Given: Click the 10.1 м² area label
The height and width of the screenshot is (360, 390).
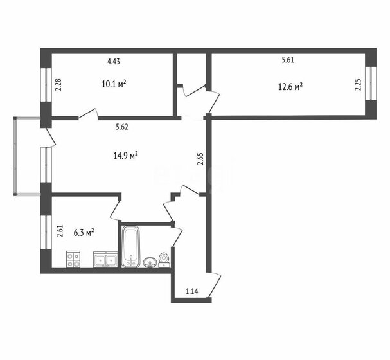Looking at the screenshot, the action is [114, 84].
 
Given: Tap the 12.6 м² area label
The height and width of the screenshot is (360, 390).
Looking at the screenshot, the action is [290, 87].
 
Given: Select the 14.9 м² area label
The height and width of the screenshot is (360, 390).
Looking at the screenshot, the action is [125, 156].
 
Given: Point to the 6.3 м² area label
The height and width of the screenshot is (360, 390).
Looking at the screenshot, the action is [84, 233].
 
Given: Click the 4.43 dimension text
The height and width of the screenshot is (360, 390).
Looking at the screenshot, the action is [114, 62].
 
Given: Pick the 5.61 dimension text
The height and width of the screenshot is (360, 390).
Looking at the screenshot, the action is [288, 60].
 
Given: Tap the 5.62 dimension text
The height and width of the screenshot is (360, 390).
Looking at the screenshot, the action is [122, 127].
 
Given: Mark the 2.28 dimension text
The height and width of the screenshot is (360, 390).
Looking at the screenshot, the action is [58, 85].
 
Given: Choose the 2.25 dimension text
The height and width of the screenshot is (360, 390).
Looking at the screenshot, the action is [358, 85].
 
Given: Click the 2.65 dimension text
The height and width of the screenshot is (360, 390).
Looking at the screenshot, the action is [200, 159].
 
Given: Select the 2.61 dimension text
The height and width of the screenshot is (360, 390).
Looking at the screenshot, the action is [60, 231].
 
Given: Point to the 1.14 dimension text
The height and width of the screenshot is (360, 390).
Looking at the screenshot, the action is [192, 291].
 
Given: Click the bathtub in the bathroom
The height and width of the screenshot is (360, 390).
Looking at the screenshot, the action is [131, 247].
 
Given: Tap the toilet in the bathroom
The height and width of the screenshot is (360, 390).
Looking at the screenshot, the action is [164, 260].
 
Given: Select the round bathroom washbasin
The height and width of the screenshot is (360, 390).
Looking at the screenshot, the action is [150, 262].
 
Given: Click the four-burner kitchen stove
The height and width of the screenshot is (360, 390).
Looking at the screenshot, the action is [73, 260].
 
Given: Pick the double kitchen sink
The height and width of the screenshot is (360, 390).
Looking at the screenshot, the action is [105, 260].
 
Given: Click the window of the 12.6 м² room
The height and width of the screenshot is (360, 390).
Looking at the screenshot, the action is [370, 83].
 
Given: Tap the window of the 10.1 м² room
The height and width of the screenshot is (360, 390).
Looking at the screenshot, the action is [46, 85].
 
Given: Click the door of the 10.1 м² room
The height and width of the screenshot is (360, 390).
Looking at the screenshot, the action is [88, 114].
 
